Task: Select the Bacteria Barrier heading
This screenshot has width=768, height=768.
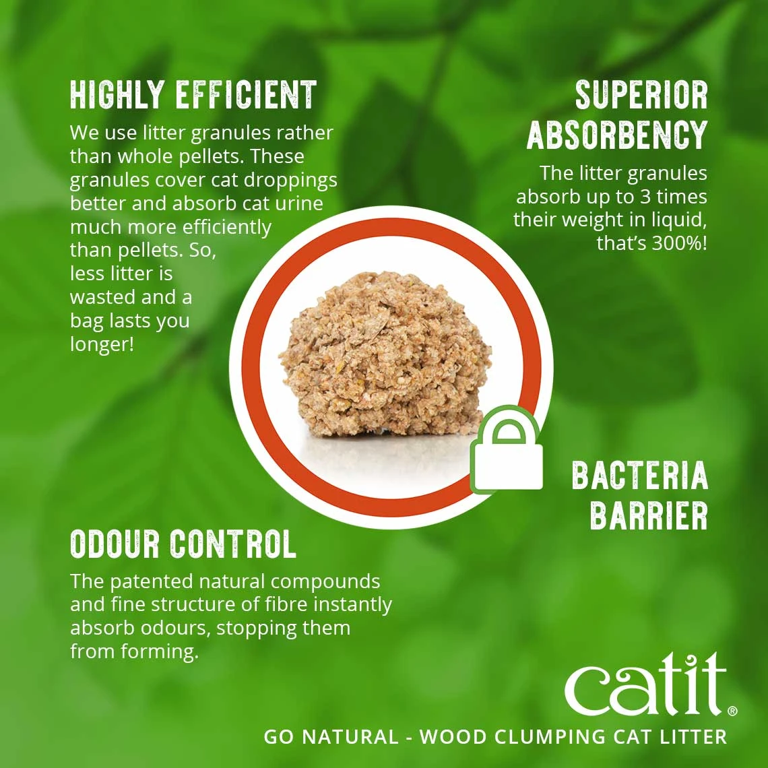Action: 640,496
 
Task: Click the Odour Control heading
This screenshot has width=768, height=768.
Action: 183,544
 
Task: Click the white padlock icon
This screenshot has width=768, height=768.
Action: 507,449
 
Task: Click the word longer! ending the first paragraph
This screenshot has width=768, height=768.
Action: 102,344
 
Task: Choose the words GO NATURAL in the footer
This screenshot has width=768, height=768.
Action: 331,736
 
